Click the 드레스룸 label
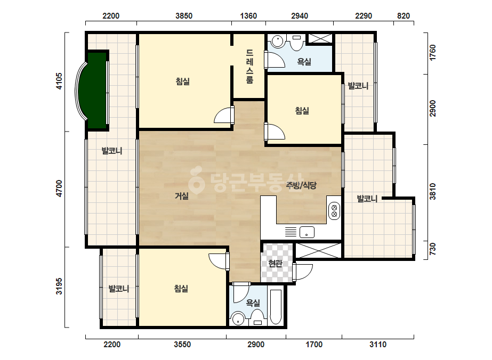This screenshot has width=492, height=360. pos(249,67)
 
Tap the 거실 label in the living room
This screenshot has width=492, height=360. pos(182,197)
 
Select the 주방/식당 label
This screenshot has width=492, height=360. pos(301,185)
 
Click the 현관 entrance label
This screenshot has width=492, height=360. pos(276,264)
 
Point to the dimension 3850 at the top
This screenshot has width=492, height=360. pos(184,15)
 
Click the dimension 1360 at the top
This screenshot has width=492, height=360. pos(248,15)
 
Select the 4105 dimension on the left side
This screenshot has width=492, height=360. pos(59,81)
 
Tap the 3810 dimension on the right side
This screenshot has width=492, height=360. pos(433,192)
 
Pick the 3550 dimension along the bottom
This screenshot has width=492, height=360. pos(182,345)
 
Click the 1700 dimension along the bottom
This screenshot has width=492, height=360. pos(314,345)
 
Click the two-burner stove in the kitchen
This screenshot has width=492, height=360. pos(334,211)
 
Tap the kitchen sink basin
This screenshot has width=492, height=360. pos(307,232)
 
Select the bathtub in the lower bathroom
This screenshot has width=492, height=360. pos(276,307)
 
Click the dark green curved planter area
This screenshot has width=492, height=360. pos(96,91)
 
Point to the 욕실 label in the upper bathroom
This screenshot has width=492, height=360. pos(304,61)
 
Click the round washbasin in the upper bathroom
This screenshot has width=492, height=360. pos(277,41)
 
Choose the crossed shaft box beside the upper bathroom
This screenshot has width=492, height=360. pos(320,38)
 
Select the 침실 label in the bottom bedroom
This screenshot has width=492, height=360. pos(181,289)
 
